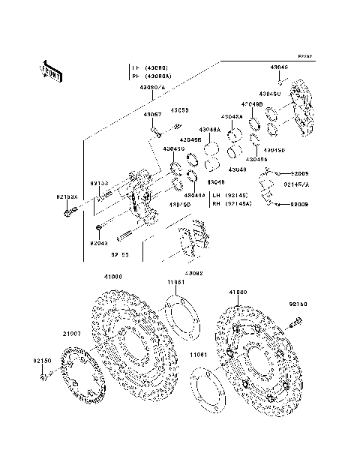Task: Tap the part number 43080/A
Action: coord(149,87)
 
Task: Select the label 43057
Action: coord(153,115)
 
